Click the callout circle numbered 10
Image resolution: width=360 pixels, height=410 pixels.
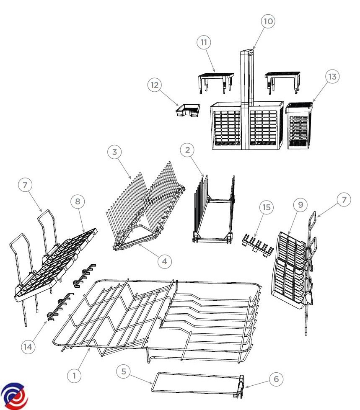click(268, 21)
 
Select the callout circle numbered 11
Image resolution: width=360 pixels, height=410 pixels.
click(204, 42)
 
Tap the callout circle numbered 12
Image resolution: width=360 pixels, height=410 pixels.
click(155, 85)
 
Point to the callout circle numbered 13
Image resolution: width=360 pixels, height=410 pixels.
click(332, 77)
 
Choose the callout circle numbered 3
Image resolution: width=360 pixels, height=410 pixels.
click(114, 152)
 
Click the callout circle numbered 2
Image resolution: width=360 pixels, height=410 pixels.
click(187, 150)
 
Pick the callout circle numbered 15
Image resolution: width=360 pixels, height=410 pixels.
click(267, 207)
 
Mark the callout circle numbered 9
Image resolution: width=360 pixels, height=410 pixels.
click(300, 205)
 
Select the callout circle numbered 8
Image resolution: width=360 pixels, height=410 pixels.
click(78, 201)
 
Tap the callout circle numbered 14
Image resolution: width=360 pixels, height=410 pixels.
click(28, 347)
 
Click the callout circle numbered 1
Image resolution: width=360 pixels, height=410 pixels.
click(74, 376)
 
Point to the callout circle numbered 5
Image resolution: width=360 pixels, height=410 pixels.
click(124, 371)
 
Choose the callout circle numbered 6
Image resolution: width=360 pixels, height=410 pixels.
click(276, 379)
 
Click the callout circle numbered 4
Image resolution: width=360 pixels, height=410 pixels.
click(165, 261)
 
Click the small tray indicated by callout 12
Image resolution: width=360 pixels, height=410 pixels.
click(188, 110)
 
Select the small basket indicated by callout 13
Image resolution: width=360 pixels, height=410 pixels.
click(299, 126)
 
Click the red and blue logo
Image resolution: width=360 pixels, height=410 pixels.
click(14, 396)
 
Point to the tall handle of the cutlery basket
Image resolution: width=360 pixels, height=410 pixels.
click(247, 99)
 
